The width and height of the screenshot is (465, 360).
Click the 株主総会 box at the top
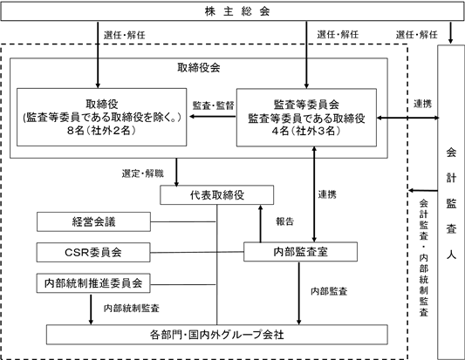[x=232, y=11]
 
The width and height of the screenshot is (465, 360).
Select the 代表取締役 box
[x=216, y=195]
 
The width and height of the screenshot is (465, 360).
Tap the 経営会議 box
[x=93, y=221]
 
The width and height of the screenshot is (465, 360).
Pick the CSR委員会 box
[x=93, y=253]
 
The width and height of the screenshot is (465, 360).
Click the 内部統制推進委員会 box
[x=93, y=283]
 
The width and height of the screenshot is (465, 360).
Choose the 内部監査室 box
[x=300, y=252]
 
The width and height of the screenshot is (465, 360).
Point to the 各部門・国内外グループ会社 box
[x=216, y=335]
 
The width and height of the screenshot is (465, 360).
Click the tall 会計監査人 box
[x=451, y=202]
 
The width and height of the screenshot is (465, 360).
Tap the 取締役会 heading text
[x=199, y=68]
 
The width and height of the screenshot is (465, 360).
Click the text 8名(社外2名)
[x=101, y=131]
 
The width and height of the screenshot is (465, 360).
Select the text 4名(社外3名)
[x=306, y=131]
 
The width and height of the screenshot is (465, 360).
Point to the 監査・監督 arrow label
[x=213, y=105]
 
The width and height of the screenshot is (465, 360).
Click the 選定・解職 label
[x=143, y=173]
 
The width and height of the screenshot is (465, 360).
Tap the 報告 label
[x=285, y=221]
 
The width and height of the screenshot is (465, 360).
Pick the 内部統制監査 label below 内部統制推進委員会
[x=132, y=309]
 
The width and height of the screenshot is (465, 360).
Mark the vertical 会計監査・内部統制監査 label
[x=424, y=258]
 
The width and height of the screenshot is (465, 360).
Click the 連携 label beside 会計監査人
[x=422, y=104]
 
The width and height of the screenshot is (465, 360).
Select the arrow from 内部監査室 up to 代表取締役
[x=260, y=224]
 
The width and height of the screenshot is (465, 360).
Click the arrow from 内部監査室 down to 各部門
[x=299, y=294]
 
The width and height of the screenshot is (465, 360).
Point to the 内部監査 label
[x=329, y=291]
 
